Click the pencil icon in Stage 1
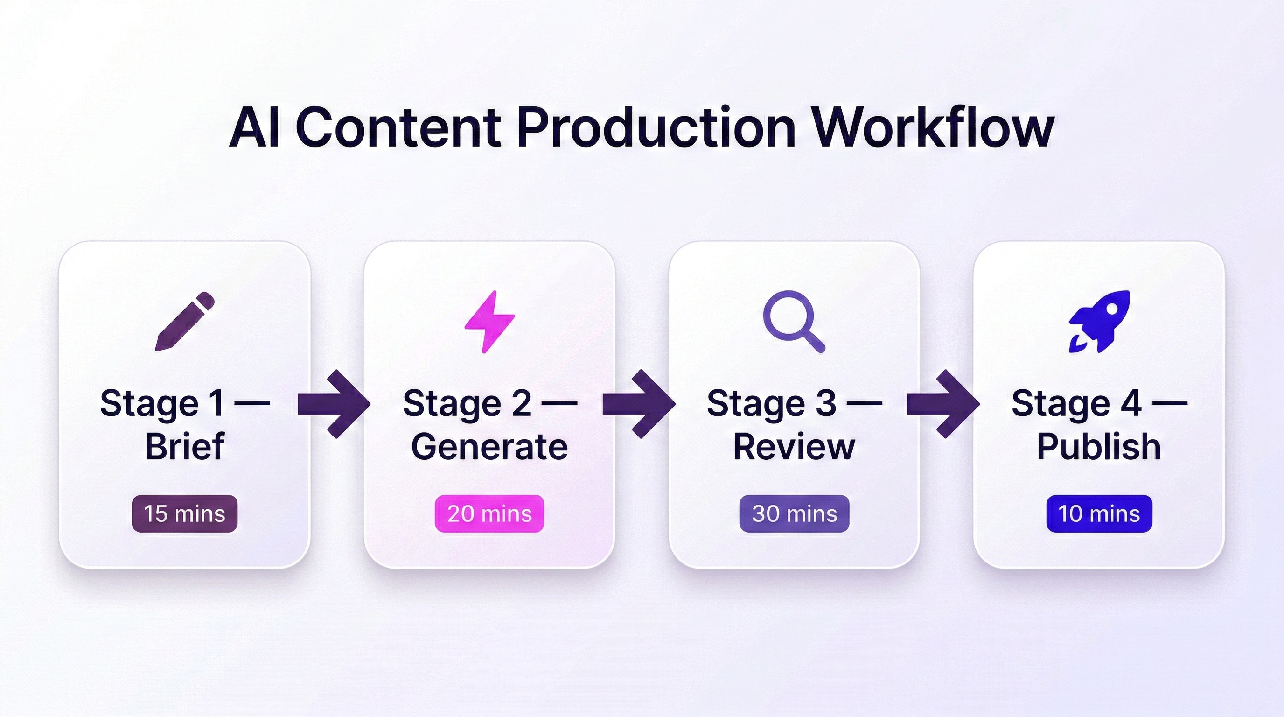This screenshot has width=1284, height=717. pos(185,322)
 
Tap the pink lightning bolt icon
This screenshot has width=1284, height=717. pos(489,322)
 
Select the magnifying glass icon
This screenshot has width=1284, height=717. pos(794,322)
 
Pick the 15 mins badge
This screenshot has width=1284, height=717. pos(184,513)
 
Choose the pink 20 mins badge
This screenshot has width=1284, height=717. pos(489,513)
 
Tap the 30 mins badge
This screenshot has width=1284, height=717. pos(794,513)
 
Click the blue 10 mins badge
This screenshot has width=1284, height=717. pos(1099,513)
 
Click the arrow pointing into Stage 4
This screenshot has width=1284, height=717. pos(942,404)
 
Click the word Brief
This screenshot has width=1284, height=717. pos(184,446)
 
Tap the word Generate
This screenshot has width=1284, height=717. pos(489,446)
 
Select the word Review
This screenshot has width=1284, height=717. pos(794,446)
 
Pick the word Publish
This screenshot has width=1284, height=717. pos(1099,446)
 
